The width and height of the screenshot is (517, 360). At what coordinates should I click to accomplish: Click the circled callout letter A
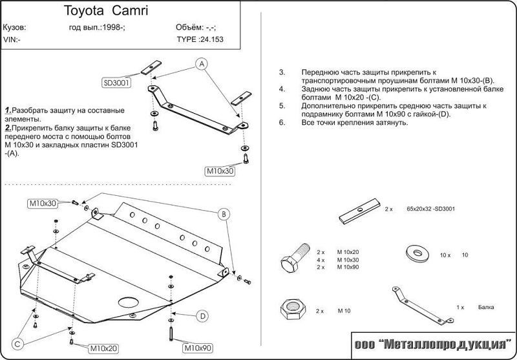(x=202, y=63)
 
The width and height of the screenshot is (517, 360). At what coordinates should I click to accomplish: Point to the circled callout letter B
(x=222, y=214)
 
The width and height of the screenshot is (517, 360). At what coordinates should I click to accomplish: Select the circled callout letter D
(x=202, y=315)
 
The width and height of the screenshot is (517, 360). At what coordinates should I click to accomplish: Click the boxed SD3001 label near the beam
(x=116, y=83)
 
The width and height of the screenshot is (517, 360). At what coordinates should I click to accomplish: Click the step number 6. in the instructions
(x=282, y=122)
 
